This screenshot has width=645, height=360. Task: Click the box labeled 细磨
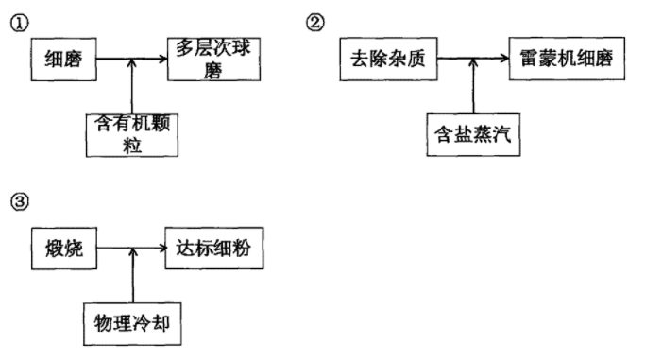(64, 60)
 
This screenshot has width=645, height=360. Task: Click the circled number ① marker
(16, 23)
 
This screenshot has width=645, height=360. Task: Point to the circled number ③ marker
(16, 200)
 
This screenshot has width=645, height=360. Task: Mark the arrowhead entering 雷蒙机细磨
(505, 60)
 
